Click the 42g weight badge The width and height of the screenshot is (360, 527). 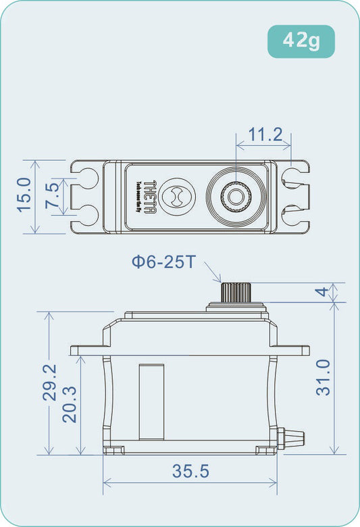click(301, 41)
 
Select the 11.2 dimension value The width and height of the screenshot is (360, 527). click(264, 134)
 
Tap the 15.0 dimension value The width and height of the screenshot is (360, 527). click(23, 195)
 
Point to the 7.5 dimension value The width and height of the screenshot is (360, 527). click(52, 197)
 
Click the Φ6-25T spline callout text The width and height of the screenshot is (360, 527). click(163, 261)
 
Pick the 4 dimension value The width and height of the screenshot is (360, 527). click(323, 292)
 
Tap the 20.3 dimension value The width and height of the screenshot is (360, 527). click(70, 404)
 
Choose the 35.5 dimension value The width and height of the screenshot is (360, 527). click(190, 472)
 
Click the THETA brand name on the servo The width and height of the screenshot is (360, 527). click(151, 197)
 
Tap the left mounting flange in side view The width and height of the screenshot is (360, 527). click(86, 350)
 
